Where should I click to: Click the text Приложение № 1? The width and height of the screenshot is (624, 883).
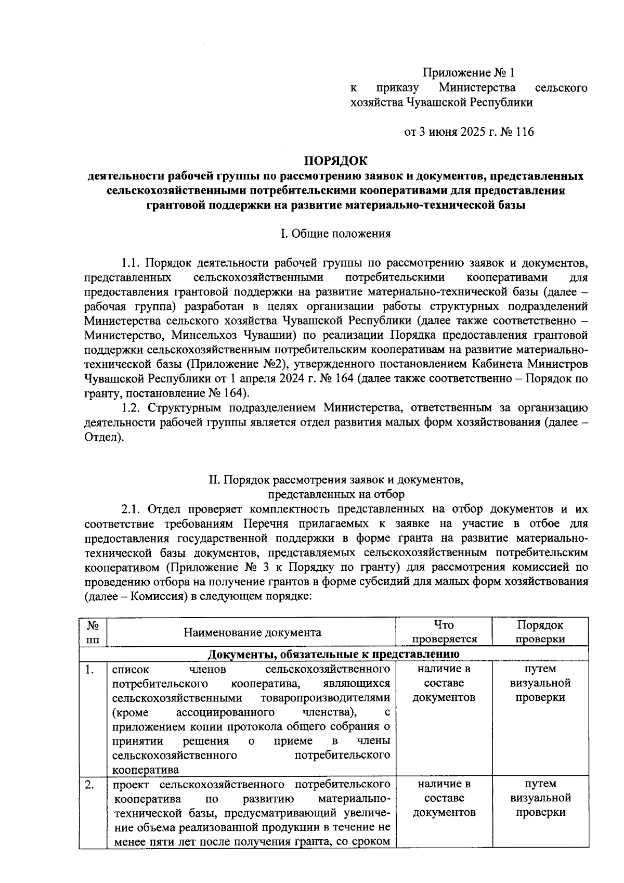471,72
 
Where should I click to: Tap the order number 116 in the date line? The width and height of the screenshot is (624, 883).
524,132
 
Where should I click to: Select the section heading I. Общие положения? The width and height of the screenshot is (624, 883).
335,234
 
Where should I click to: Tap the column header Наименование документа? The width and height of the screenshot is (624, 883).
252,632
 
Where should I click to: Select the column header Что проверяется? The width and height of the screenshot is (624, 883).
444,632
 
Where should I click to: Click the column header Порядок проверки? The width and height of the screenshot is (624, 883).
540,632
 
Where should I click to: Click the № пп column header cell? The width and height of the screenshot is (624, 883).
93,632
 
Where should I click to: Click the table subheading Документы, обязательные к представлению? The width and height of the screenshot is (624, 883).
333,654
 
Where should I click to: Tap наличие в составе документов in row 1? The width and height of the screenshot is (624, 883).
444,683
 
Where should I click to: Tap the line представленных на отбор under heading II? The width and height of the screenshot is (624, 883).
335,494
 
